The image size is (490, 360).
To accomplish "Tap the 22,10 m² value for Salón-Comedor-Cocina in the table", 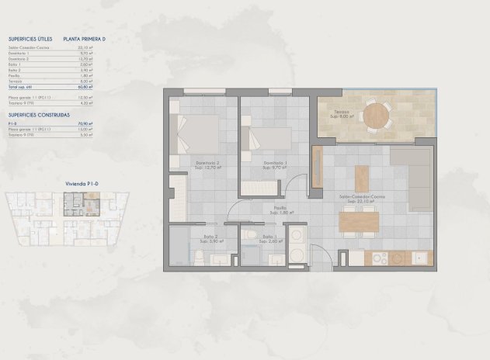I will (85, 47).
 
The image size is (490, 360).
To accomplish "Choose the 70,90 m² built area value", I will (85, 123).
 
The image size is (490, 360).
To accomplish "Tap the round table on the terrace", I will (377, 116).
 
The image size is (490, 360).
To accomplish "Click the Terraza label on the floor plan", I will (342, 112).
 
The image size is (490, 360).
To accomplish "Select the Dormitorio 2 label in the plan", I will (207, 162).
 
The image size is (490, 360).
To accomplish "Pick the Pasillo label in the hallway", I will (280, 207).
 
